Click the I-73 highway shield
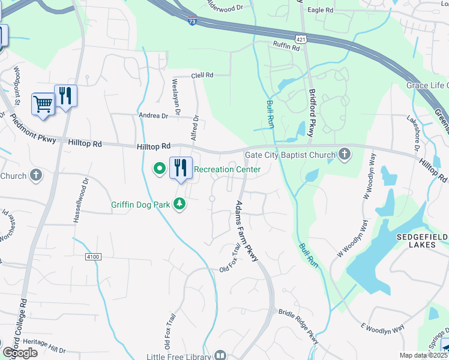pyautogui.click(x=191, y=21)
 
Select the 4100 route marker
pyautogui.click(x=92, y=256)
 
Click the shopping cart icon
pyautogui.click(x=43, y=104)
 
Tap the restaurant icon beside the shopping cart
pyautogui.click(x=65, y=96)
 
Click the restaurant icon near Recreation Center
pyautogui.click(x=181, y=168)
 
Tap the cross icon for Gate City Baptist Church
pyautogui.click(x=345, y=155)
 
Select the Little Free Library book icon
pyautogui.click(x=220, y=355)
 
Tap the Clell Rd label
pyautogui.click(x=202, y=76)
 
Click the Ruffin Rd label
pyautogui.click(x=286, y=46)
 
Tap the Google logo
pyautogui.click(x=20, y=353)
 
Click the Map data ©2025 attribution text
pyautogui.click(x=423, y=355)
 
